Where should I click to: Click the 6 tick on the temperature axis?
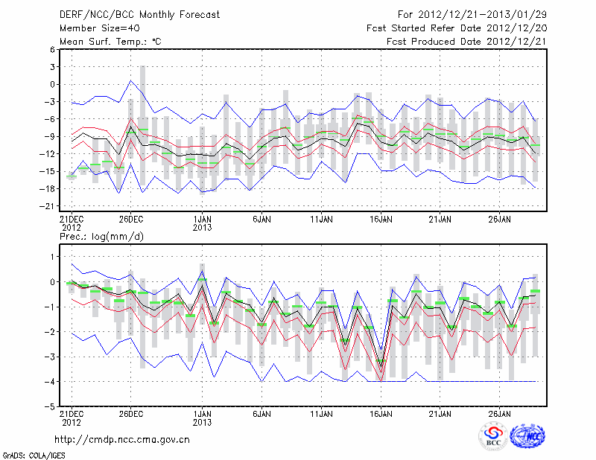[52, 49]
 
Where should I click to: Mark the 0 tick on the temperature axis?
[52, 84]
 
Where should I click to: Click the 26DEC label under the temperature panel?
[130, 220]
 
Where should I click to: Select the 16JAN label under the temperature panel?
[381, 220]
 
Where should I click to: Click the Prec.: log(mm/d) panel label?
[100, 236]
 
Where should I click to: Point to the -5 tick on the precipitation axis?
[50, 406]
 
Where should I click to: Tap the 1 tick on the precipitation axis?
[52, 256]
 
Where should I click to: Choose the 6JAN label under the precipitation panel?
[261, 412]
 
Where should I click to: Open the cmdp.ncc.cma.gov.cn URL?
[123, 440]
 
